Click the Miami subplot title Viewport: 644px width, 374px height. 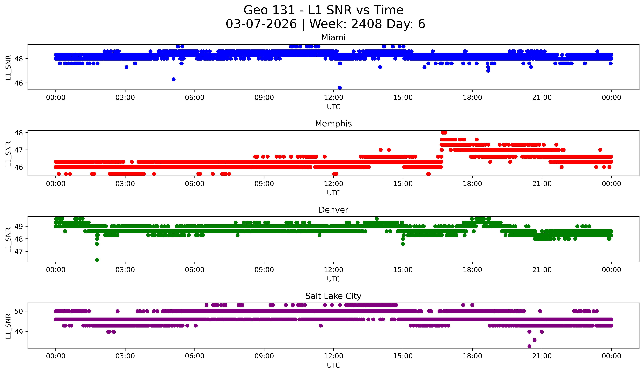pos(333,38)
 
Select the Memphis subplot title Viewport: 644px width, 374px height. pos(333,124)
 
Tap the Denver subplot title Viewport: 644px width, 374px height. pos(333,210)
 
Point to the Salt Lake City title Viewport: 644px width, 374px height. pos(333,296)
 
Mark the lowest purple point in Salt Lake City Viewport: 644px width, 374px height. pos(529,346)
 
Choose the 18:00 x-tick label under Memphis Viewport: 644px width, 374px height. pos(472,184)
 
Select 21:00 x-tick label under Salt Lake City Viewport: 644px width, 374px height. pos(542,356)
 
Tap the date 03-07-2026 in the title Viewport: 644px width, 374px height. pos(261,24)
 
